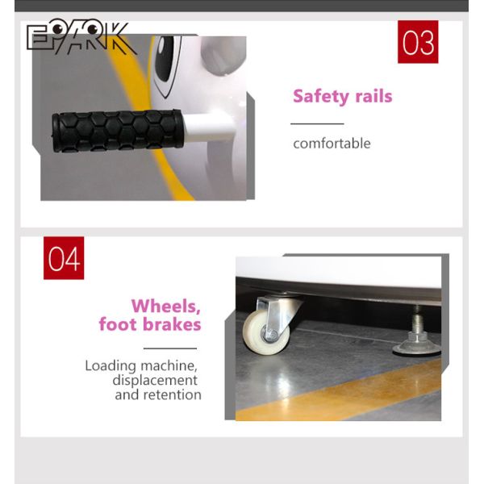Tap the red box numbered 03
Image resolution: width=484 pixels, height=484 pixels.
pyautogui.click(x=418, y=42)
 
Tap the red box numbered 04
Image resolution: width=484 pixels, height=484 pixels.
pyautogui.click(x=64, y=258)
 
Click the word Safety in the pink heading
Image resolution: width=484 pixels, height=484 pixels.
pyautogui.click(x=320, y=97)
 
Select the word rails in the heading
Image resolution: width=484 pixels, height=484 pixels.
pyautogui.click(x=373, y=96)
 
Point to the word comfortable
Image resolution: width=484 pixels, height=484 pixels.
pyautogui.click(x=332, y=144)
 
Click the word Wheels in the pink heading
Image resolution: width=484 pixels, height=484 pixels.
pyautogui.click(x=165, y=307)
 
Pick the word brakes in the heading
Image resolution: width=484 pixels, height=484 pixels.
pyautogui.click(x=172, y=324)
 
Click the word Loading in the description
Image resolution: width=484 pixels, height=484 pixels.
pyautogui.click(x=111, y=366)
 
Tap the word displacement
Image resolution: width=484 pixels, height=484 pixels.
pyautogui.click(x=155, y=381)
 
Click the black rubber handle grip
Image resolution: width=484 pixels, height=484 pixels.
pyautogui.click(x=118, y=131)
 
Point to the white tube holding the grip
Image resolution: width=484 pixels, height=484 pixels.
pyautogui.click(x=208, y=127)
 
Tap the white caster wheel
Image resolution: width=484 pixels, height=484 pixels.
pyautogui.click(x=266, y=332)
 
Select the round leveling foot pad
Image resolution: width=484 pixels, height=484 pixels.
pyautogui.click(x=417, y=348)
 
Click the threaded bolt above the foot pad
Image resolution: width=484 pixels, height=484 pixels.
pyautogui.click(x=417, y=319)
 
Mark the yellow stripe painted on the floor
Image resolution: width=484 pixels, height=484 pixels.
pyautogui.click(x=338, y=390)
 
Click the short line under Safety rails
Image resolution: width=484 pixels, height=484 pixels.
pyautogui.click(x=317, y=123)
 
